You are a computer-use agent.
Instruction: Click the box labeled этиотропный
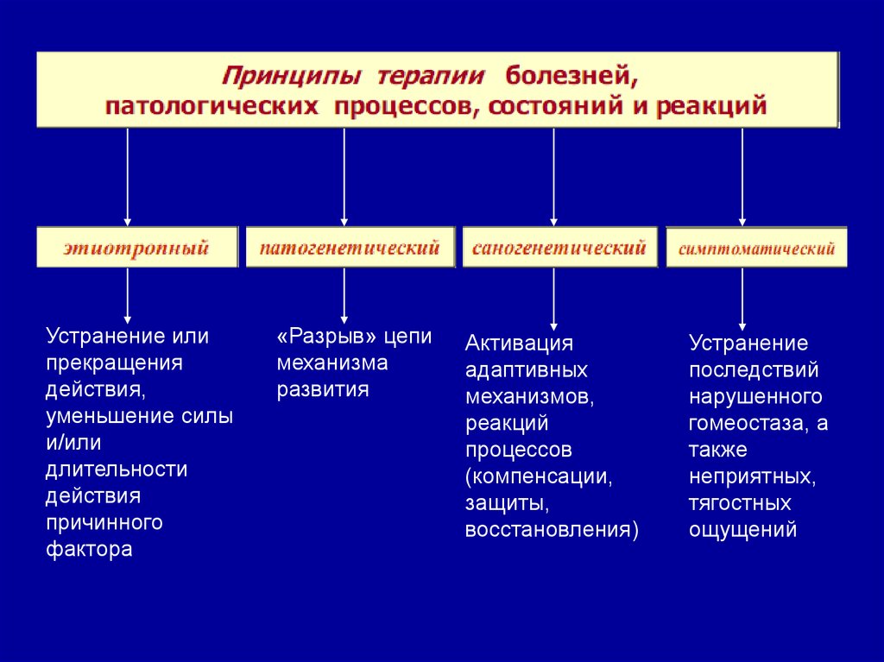pyautogui.click(x=136, y=249)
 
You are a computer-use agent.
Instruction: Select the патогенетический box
pyautogui.click(x=350, y=249)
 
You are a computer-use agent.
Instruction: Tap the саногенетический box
pyautogui.click(x=559, y=249)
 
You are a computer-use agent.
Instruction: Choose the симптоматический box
pyautogui.click(x=756, y=249)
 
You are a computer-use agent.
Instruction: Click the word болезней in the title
pyautogui.click(x=571, y=76)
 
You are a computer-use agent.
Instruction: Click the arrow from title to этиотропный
pyautogui.click(x=128, y=177)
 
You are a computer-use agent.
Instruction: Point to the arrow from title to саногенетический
pyautogui.click(x=553, y=177)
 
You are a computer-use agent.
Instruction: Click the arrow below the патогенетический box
pyautogui.click(x=344, y=296)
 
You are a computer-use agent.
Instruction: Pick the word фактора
pyautogui.click(x=89, y=549)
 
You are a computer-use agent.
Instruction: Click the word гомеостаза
pyautogui.click(x=750, y=423)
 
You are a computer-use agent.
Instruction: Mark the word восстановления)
pyautogui.click(x=552, y=528)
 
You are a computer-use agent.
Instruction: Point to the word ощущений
pyautogui.click(x=742, y=529)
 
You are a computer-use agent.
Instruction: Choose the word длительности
pyautogui.click(x=117, y=470)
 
